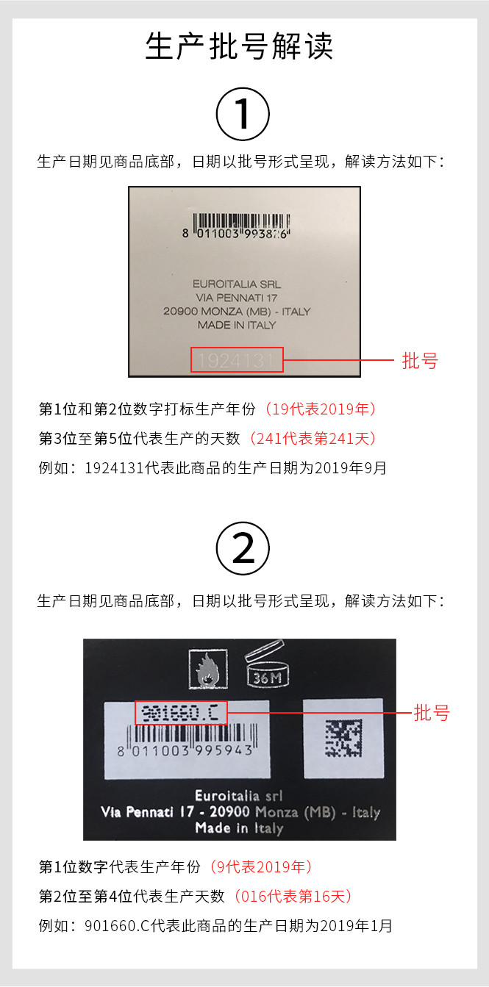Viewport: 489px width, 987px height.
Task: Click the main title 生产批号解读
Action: tap(239, 46)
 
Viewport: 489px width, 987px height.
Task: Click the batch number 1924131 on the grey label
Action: tap(236, 361)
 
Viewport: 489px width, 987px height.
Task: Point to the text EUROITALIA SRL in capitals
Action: tap(237, 284)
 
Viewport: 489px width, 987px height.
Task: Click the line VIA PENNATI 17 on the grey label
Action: tap(236, 298)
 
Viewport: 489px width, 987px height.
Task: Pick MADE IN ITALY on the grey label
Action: tap(237, 325)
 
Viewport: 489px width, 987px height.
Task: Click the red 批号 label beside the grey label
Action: tap(420, 360)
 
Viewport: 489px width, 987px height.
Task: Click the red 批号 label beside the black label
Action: tap(432, 712)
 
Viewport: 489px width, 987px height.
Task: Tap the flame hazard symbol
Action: tap(208, 669)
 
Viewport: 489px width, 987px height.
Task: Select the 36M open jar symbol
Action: tap(266, 663)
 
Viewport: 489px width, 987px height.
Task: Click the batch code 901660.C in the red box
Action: tap(180, 712)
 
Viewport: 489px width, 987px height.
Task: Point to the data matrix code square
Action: tap(343, 738)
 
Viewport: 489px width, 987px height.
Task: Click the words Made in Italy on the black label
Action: tap(240, 828)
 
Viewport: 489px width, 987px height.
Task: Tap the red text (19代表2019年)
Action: tap(320, 409)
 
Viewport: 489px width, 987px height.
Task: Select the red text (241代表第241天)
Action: tap(313, 439)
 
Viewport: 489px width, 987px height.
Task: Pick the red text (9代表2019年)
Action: tap(260, 866)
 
